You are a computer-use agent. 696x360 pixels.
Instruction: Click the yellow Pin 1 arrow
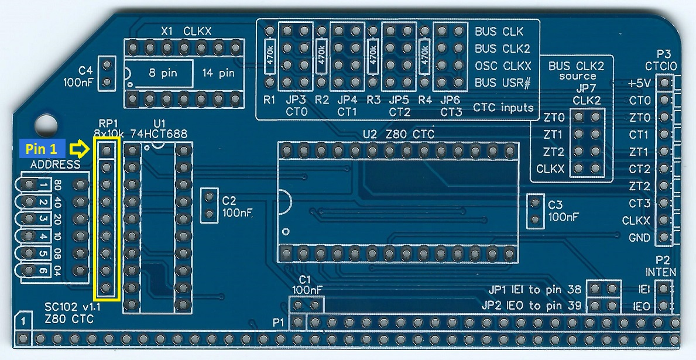(80, 150)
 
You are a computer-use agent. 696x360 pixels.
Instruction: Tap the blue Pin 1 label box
(42, 150)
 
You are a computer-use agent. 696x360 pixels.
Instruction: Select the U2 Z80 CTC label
(399, 134)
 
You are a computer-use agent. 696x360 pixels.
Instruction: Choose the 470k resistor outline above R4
(425, 56)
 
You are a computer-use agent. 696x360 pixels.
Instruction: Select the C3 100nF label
(563, 211)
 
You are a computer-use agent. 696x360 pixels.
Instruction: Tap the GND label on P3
(639, 238)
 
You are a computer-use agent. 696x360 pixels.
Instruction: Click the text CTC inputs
(503, 108)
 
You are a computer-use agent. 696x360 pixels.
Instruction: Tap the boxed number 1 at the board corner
(22, 321)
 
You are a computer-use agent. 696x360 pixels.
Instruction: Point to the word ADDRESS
(56, 164)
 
